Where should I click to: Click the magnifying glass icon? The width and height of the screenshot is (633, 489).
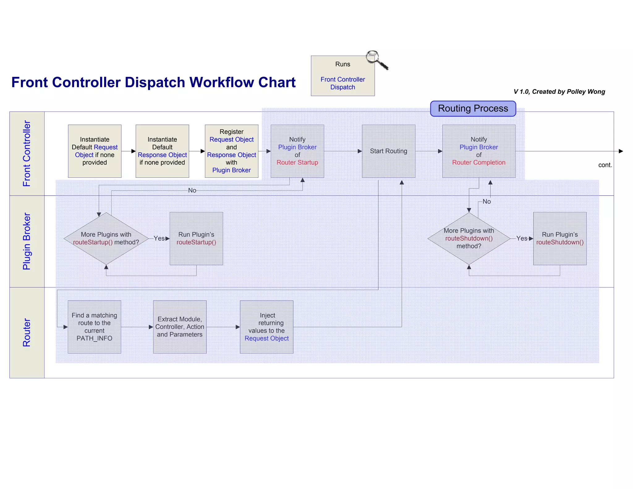(376, 59)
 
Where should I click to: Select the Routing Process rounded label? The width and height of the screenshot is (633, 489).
(473, 108)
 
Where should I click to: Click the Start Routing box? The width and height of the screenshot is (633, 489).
(389, 151)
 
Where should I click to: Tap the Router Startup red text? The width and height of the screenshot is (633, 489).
(297, 163)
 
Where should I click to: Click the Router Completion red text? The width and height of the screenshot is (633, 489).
(478, 163)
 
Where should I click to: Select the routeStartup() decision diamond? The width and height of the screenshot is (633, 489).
(106, 238)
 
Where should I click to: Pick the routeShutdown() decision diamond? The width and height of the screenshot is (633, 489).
(469, 238)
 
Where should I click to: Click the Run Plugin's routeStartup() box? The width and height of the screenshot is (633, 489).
(196, 238)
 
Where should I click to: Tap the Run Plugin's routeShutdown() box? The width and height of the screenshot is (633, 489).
(560, 238)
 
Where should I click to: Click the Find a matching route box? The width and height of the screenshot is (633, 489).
(94, 327)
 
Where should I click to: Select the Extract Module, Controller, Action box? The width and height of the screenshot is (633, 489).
(180, 327)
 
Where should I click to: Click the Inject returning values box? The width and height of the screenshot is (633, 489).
(266, 327)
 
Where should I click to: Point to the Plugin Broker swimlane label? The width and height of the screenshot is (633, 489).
(27, 241)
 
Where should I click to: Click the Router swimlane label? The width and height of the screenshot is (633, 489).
(27, 333)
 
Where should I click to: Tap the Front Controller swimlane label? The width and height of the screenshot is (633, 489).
(27, 153)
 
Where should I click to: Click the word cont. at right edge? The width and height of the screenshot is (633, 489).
(605, 165)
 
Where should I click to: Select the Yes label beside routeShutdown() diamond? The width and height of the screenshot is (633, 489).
(522, 238)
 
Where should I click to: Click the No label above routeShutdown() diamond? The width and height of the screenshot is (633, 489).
(486, 202)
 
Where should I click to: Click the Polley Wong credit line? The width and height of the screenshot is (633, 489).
(559, 92)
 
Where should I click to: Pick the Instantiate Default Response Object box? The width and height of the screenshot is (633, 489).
(162, 151)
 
